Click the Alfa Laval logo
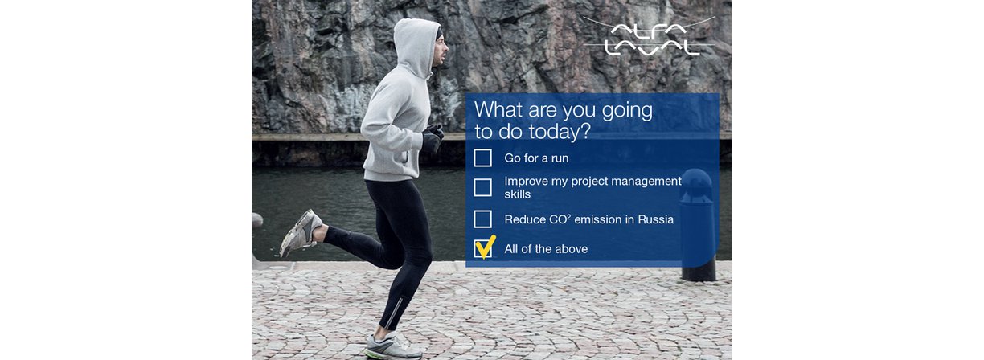coord(650,37)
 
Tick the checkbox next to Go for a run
coord(483,157)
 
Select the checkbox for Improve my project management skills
coord(483,187)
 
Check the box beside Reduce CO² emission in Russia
coord(483,219)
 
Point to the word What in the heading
coord(498,109)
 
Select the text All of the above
coord(546,249)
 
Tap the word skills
coord(518,194)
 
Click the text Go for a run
coord(536,158)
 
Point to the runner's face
coord(441,49)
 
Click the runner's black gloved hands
coord(433,137)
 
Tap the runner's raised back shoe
coord(301,233)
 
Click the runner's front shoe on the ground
coord(392,347)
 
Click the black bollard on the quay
coord(698,225)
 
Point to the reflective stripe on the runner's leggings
coord(396,313)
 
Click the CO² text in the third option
coord(560,219)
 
